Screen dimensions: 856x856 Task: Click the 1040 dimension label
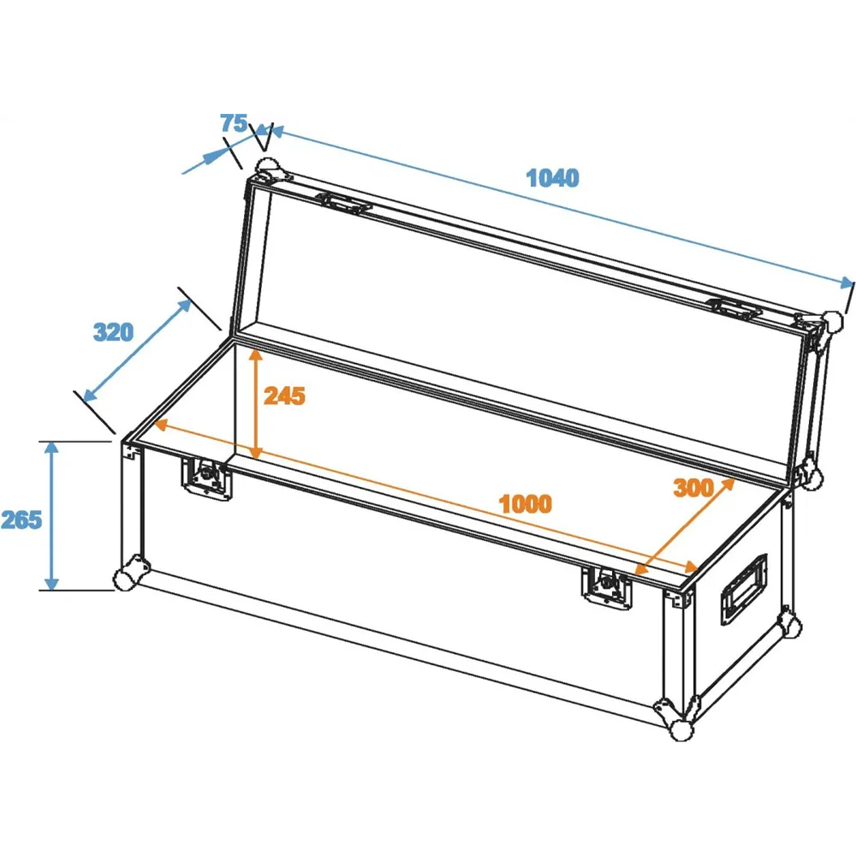click(552, 178)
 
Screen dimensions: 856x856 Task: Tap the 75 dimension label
click(234, 123)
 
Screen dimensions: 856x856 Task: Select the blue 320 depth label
click(113, 332)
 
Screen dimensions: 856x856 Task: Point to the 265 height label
click(21, 520)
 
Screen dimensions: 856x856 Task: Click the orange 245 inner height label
click(284, 396)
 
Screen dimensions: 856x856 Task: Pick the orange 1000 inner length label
click(526, 504)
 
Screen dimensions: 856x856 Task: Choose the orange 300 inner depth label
click(693, 488)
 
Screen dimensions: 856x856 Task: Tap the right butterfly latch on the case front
click(607, 586)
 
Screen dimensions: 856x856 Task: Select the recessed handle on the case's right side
click(744, 589)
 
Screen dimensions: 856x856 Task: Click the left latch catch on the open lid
click(346, 204)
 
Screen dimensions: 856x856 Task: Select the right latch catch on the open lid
click(733, 309)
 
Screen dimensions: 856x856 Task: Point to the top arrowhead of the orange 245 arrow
click(255, 356)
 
